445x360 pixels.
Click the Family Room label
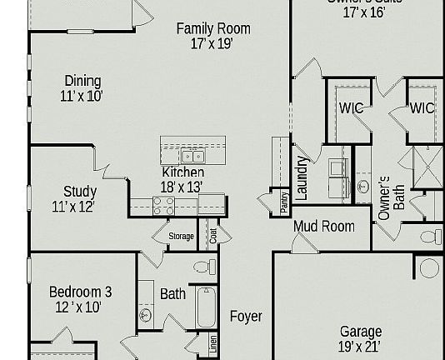click(x=212, y=29)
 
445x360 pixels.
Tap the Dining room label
click(x=82, y=81)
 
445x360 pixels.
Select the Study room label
click(x=80, y=192)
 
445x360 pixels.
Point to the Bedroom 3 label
click(x=80, y=292)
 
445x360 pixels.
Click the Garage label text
click(x=360, y=332)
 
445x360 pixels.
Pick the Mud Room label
click(x=323, y=226)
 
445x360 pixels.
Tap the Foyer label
click(x=246, y=317)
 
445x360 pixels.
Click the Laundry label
click(x=302, y=177)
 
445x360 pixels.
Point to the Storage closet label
click(x=181, y=237)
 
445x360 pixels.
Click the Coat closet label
click(x=213, y=236)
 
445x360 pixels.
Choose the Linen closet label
click(x=213, y=342)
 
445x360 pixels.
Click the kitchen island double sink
click(x=192, y=156)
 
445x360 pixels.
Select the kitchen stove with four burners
click(x=164, y=205)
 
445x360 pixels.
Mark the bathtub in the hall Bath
click(x=206, y=308)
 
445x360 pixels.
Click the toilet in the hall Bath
click(x=204, y=267)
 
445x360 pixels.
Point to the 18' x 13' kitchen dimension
click(x=182, y=187)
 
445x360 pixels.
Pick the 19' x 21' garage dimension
click(x=360, y=347)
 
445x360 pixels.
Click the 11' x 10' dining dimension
click(x=82, y=96)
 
